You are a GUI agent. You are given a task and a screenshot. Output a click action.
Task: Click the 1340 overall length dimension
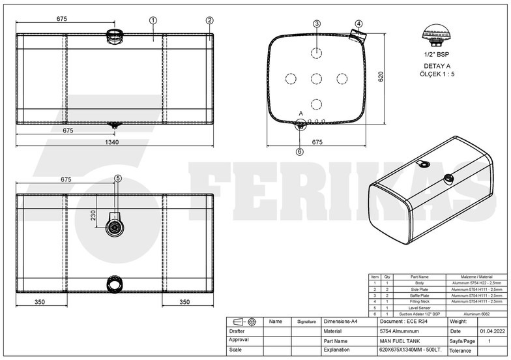pyautogui.click(x=113, y=143)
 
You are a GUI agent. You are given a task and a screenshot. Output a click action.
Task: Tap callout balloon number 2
pyautogui.click(x=209, y=20)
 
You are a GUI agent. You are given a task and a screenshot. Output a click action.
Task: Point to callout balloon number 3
pyautogui.click(x=317, y=24)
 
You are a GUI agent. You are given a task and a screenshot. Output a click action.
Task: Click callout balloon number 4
pyautogui.click(x=357, y=24)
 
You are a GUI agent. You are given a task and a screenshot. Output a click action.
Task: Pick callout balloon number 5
pyautogui.click(x=118, y=178)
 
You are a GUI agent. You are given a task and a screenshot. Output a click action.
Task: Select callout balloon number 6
pyautogui.click(x=299, y=151)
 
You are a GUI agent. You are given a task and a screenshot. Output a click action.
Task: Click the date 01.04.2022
pyautogui.click(x=490, y=331)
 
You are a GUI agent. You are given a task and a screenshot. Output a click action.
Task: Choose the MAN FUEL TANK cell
pyautogui.click(x=400, y=340)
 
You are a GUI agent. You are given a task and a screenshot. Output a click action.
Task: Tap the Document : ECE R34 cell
pyautogui.click(x=404, y=322)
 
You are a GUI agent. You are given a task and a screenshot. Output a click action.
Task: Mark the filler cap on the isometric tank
pyautogui.click(x=448, y=179)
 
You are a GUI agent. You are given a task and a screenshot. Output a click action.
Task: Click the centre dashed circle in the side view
pyautogui.click(x=317, y=78)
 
